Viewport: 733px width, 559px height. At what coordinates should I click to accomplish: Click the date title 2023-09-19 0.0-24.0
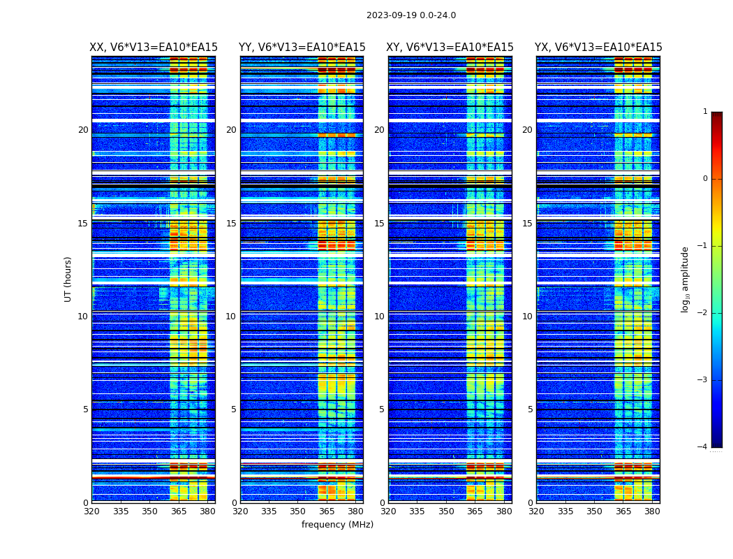411,15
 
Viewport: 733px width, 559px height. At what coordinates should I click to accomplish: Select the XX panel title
154,48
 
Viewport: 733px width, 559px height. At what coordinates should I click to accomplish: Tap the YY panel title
302,48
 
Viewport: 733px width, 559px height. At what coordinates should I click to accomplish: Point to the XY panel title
450,48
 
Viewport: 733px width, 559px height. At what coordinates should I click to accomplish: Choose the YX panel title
598,48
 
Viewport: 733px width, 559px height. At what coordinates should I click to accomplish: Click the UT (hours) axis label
68,279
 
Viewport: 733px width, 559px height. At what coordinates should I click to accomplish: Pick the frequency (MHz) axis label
337,525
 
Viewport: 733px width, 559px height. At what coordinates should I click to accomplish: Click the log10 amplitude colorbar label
685,279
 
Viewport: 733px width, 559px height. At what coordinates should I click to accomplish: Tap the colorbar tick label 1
705,112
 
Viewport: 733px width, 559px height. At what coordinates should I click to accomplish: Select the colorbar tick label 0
705,179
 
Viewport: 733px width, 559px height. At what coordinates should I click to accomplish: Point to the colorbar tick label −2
703,313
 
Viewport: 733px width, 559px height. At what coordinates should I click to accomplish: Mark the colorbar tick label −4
703,447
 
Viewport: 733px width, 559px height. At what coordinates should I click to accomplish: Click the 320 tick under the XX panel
91,511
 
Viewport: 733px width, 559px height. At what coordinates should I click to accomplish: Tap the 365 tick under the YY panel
327,511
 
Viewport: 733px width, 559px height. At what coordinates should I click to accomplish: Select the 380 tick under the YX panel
652,511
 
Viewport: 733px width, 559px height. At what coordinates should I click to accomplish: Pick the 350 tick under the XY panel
446,511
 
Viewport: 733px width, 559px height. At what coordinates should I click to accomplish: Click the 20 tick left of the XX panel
83,130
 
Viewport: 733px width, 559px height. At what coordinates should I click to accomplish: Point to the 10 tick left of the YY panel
231,317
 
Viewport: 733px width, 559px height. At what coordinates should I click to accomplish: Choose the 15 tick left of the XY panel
379,224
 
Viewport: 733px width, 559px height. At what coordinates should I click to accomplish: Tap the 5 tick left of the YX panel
531,409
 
